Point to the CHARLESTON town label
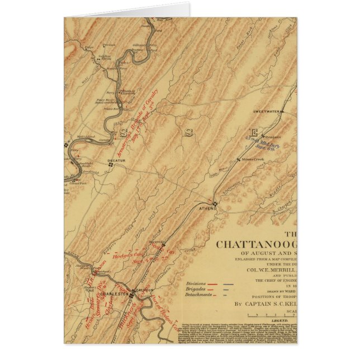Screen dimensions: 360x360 pyautogui.click(x=117, y=291)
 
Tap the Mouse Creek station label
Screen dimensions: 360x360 pyautogui.click(x=253, y=159)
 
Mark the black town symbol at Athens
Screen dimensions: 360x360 pyautogui.click(x=214, y=203)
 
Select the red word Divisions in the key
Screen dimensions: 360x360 pyautogui.click(x=196, y=283)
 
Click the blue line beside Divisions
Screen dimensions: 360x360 pyautogui.click(x=228, y=284)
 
